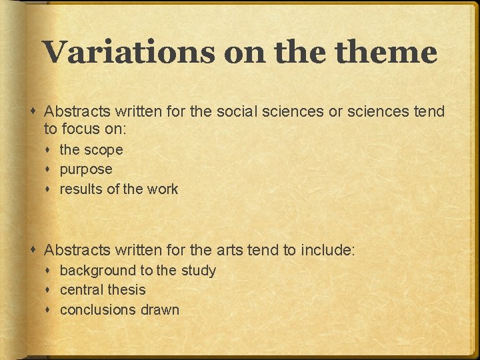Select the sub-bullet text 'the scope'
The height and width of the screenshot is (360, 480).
point(91,150)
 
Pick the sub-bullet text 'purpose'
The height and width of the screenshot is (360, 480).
point(86,170)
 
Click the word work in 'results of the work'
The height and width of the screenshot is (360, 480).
point(163,189)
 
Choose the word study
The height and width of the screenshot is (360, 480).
point(198,271)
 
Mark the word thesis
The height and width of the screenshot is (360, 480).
point(127,290)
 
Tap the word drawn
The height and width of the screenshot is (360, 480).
point(160,310)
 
